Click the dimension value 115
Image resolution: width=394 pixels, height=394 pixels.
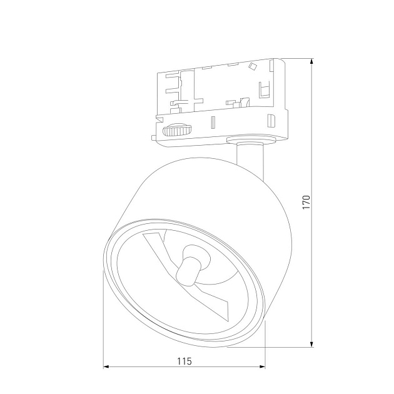tap(184, 361)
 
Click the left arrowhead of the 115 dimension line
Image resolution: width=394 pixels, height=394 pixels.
tap(107, 368)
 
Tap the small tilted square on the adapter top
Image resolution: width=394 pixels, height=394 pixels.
tap(253, 66)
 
